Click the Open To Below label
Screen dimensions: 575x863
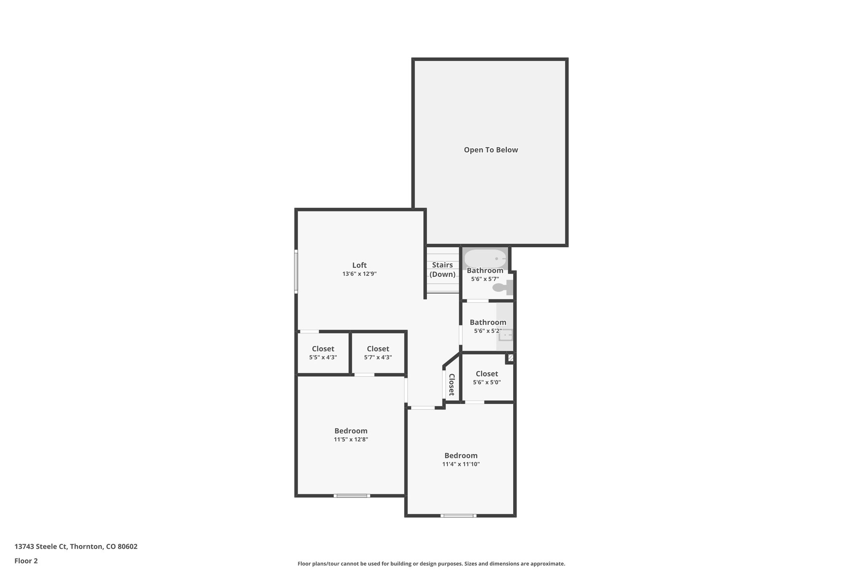click(x=490, y=150)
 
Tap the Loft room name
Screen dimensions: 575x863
click(x=359, y=265)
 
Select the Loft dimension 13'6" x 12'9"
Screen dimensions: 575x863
click(x=359, y=274)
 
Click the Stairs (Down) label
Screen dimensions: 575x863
click(x=442, y=270)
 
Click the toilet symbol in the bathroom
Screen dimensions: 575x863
click(x=501, y=288)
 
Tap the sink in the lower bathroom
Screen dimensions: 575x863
click(x=506, y=335)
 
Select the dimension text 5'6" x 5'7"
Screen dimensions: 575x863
click(x=485, y=279)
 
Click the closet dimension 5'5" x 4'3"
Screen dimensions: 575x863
click(x=323, y=357)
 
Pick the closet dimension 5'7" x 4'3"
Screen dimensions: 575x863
click(x=378, y=357)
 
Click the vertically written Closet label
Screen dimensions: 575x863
click(x=451, y=385)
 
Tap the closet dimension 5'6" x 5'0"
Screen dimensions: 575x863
click(x=487, y=382)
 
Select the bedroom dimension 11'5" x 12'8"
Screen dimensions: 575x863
click(x=351, y=439)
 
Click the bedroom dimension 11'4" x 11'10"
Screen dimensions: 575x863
click(x=461, y=464)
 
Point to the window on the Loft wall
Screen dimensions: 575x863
click(x=296, y=271)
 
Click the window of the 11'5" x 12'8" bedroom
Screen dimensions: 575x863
click(x=352, y=495)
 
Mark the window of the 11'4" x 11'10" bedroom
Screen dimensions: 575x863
click(x=458, y=515)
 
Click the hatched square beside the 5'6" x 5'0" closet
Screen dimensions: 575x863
click(x=511, y=358)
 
